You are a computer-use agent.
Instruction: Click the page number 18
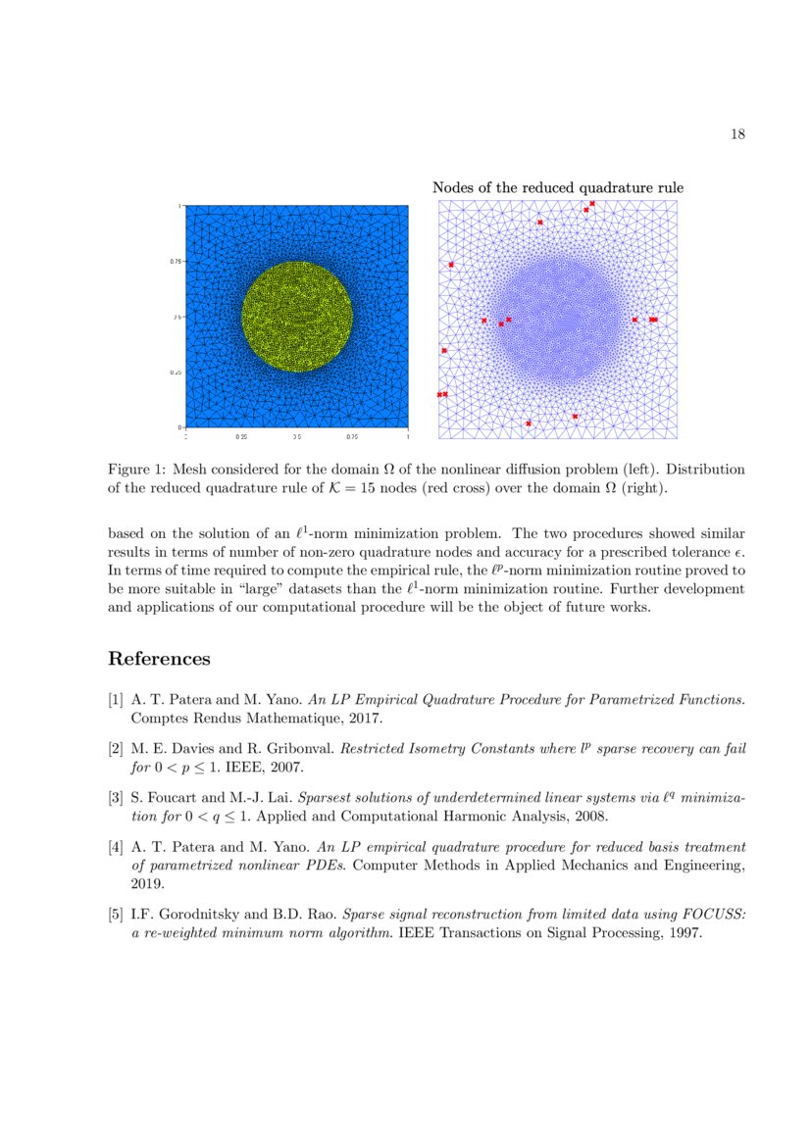pos(737,134)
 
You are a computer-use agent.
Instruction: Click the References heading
pos(159,659)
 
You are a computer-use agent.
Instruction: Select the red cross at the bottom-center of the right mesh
pos(529,424)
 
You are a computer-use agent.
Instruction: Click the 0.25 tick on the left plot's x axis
pos(241,435)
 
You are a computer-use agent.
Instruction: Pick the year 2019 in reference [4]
pos(146,881)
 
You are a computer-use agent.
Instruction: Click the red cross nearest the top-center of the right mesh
pos(539,223)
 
